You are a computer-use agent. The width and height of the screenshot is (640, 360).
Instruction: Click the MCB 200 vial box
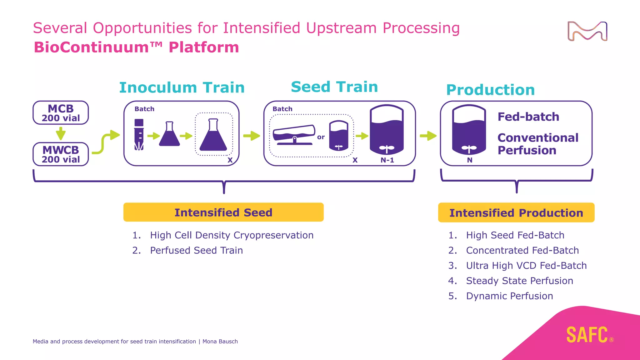tap(61, 113)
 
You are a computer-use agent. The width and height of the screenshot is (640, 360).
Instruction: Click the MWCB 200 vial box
tap(61, 154)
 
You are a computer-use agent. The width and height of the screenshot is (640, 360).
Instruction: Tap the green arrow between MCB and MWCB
tap(61, 133)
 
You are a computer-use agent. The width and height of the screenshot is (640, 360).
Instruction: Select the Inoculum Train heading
tap(182, 87)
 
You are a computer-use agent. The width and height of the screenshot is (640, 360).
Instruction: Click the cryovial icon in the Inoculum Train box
tap(139, 135)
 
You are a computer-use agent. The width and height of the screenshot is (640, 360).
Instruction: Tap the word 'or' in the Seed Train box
tap(321, 137)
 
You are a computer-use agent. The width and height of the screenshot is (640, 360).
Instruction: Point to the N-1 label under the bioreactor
tap(387, 160)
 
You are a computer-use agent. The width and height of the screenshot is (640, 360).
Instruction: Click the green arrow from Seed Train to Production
tap(428, 136)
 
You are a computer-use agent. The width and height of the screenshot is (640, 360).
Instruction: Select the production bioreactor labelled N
tap(469, 130)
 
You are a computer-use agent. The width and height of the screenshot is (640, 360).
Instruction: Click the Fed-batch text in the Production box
tap(528, 117)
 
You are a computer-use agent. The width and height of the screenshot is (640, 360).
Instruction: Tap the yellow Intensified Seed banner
tap(223, 212)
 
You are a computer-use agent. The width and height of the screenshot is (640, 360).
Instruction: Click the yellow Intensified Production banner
tap(516, 213)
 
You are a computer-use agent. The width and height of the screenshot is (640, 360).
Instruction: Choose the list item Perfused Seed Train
tap(196, 250)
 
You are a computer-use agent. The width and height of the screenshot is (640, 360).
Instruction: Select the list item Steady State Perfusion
tap(519, 281)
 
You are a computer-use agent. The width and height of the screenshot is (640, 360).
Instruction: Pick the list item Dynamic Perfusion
tap(509, 296)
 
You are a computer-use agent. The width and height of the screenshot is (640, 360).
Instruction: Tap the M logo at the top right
tap(587, 31)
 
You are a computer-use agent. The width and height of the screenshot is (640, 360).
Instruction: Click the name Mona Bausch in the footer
tap(220, 342)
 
